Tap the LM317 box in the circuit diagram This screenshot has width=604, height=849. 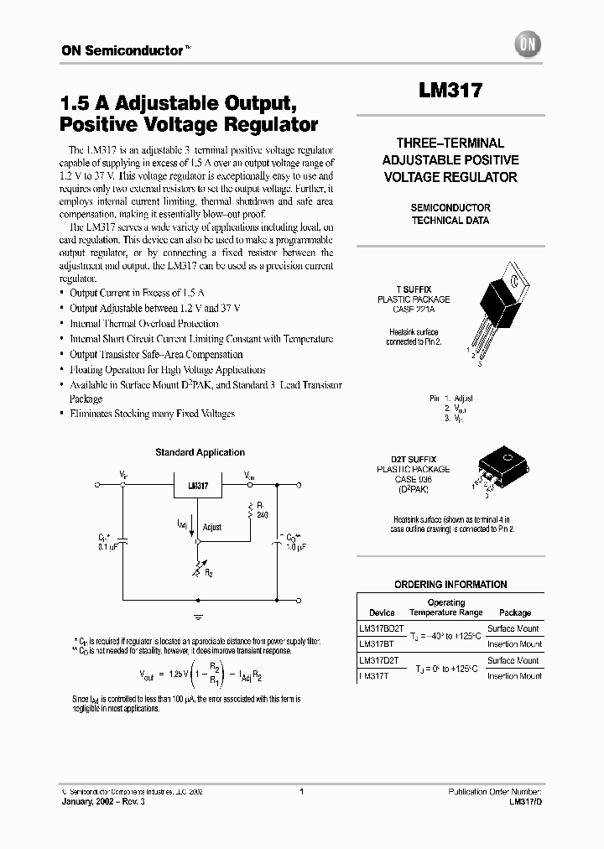pos(198,486)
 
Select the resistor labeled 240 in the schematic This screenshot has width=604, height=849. pos(248,509)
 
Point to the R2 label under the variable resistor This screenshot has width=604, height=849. pos(208,574)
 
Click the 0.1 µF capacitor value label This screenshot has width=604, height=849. pos(109,546)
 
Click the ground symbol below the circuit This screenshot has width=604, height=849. pos(199,617)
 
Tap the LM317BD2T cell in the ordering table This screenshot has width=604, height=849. pos(381,628)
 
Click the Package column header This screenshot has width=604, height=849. pos(514,612)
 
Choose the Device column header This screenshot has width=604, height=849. pos(382,612)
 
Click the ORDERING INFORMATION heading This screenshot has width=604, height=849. pos(450,585)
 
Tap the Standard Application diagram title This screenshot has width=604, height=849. pos(200,453)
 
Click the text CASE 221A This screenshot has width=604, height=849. pos(413,310)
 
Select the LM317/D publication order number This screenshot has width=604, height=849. pos(524,803)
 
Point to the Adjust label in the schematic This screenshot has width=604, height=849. pos(212,528)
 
